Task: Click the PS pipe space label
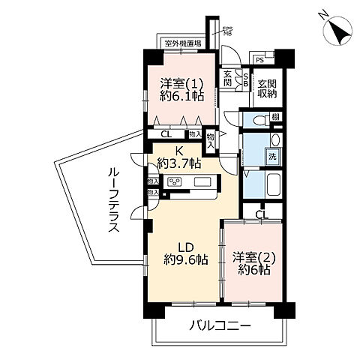tap(259, 59)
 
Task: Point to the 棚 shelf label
tap(277, 116)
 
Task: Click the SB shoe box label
tap(244, 79)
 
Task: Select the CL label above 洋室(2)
tap(259, 214)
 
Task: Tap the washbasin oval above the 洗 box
tap(274, 141)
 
